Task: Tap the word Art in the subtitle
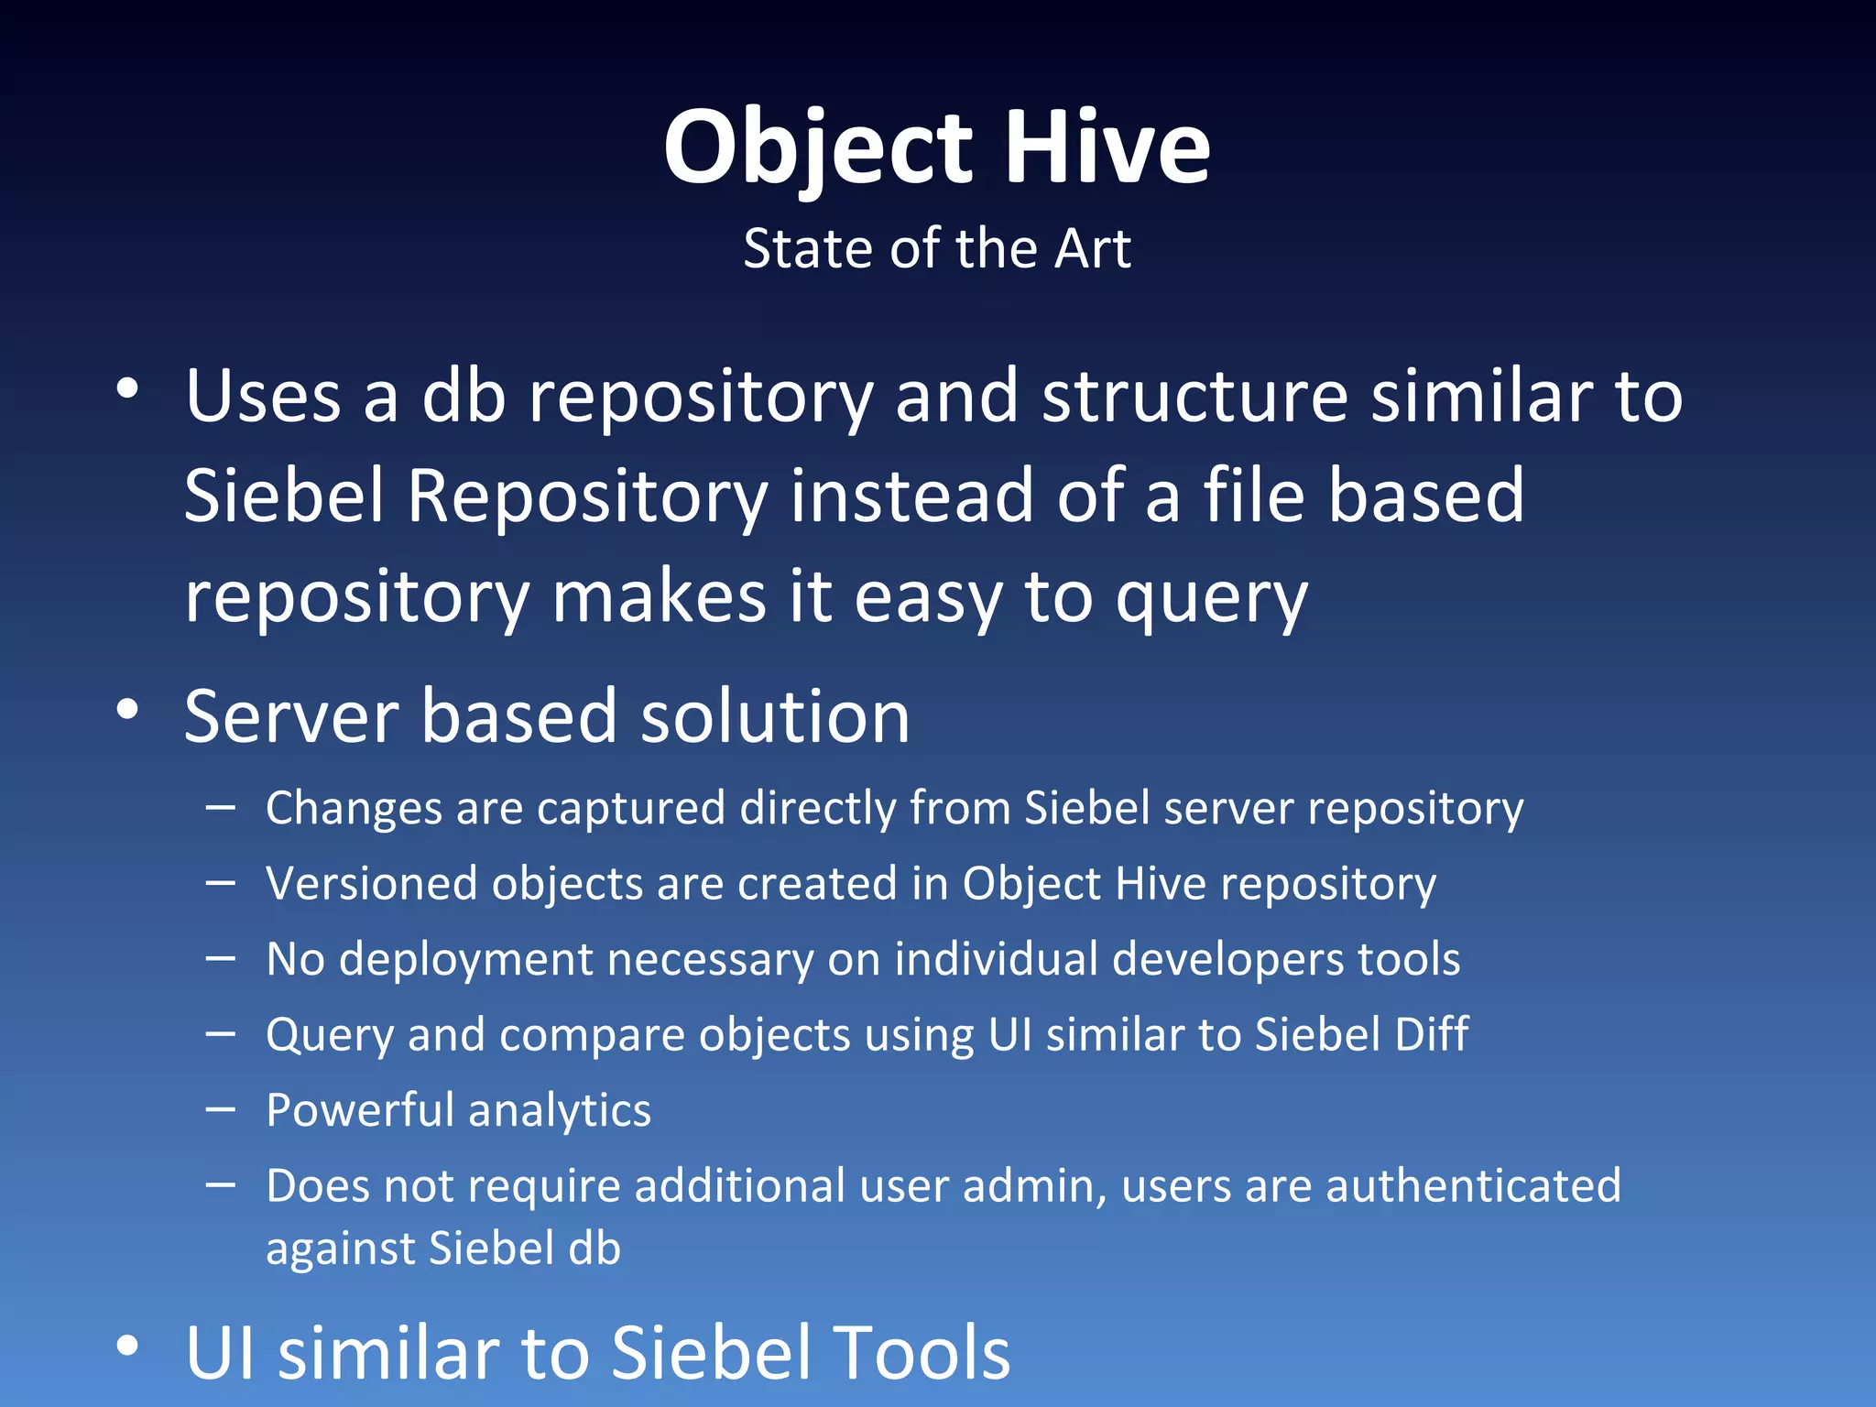click(x=1092, y=249)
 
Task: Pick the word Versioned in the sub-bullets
click(x=371, y=885)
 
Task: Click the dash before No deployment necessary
click(x=221, y=958)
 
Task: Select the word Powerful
click(x=360, y=1111)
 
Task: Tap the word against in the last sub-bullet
click(x=340, y=1249)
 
